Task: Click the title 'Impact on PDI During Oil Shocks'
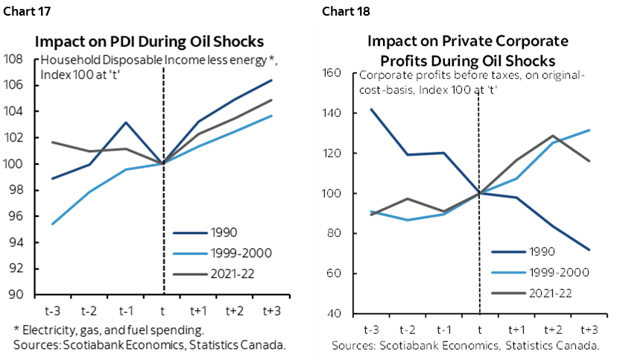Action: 158,42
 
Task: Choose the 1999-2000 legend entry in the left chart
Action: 238,253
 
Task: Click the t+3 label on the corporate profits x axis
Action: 588,329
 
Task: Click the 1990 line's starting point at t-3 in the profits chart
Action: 370,110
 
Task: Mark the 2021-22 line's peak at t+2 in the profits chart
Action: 552,136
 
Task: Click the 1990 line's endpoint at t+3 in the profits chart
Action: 588,250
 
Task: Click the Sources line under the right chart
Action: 466,345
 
